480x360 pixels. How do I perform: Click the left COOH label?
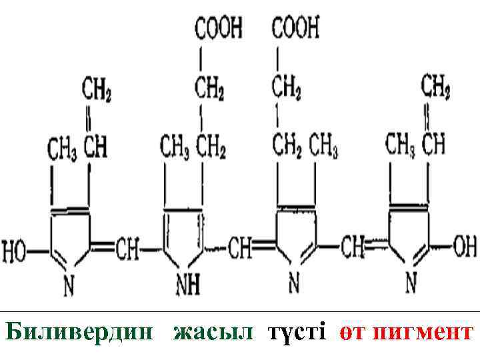[218, 28]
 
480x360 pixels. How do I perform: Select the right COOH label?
[295, 28]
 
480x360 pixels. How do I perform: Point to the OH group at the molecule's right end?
[464, 247]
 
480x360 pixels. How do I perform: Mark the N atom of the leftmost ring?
[69, 285]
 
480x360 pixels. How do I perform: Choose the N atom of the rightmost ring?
[411, 284]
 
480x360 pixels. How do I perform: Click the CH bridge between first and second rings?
[127, 250]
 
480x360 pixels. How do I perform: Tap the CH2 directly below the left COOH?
[209, 86]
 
